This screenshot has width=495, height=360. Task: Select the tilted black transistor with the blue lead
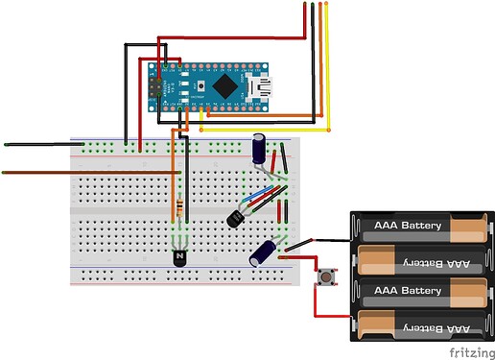tap(237, 218)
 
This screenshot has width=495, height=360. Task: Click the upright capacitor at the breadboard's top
tap(260, 150)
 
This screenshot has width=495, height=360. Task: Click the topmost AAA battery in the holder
tap(418, 228)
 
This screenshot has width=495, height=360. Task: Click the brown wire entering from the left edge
tap(58, 173)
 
